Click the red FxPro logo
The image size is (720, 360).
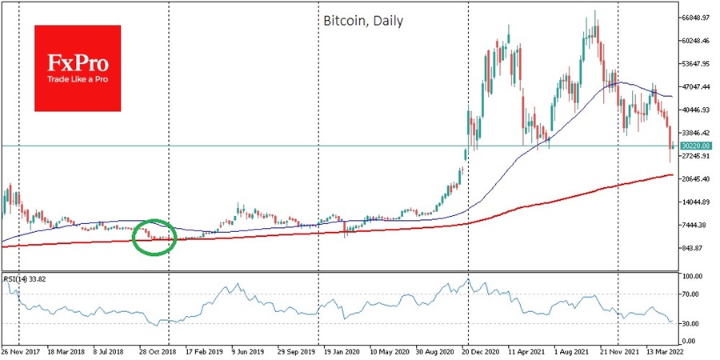[x=77, y=68]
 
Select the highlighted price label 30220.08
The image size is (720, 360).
[x=696, y=146]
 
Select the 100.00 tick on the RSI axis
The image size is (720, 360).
[x=693, y=276]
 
